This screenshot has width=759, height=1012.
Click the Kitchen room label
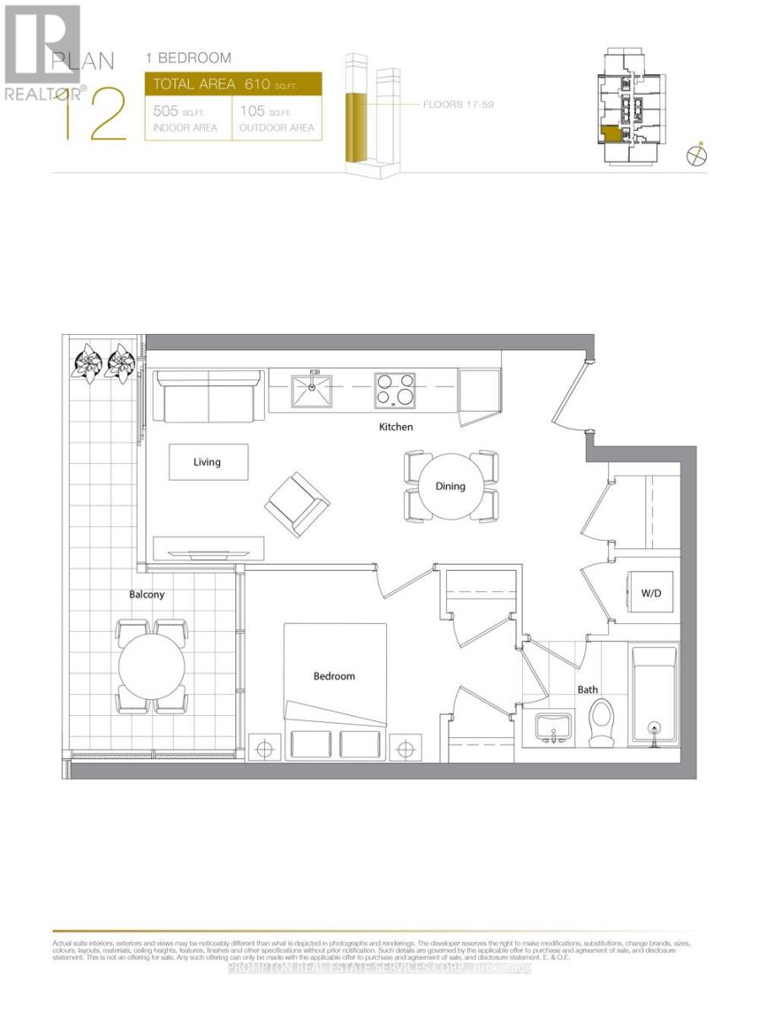pos(396,428)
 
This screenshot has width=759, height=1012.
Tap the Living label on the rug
pos(207,462)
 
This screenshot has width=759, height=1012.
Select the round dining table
pos(450,487)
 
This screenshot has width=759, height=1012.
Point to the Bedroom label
pos(334,676)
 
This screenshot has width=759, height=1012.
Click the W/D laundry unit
pos(651,593)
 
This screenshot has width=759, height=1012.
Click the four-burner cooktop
pos(396,390)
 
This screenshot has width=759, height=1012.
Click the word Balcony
pos(147,595)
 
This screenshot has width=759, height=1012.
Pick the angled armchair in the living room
pos(297,503)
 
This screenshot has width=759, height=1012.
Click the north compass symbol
pos(697,155)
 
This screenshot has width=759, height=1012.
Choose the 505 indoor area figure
pos(166,111)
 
